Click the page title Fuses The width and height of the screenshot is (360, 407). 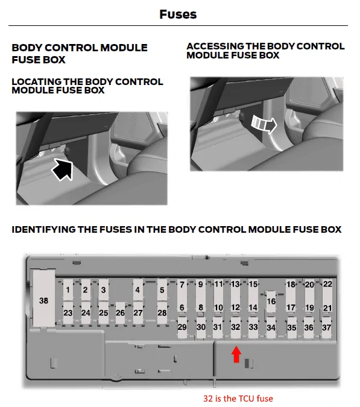178,14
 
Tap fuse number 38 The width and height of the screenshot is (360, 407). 43,300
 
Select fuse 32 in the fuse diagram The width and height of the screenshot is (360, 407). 236,327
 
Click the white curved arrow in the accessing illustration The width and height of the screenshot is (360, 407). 262,124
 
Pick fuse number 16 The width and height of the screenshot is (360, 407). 271,301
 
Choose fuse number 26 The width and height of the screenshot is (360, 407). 120,312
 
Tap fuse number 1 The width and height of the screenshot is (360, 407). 68,290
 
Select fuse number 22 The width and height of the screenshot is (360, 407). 327,284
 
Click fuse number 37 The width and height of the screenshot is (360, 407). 327,327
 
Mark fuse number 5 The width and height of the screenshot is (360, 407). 162,290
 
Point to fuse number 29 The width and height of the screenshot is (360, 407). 182,327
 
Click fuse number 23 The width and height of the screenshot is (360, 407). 68,312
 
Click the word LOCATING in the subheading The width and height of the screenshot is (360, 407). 37,82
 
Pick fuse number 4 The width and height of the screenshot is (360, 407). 137,290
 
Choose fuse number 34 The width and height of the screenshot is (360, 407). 271,328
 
